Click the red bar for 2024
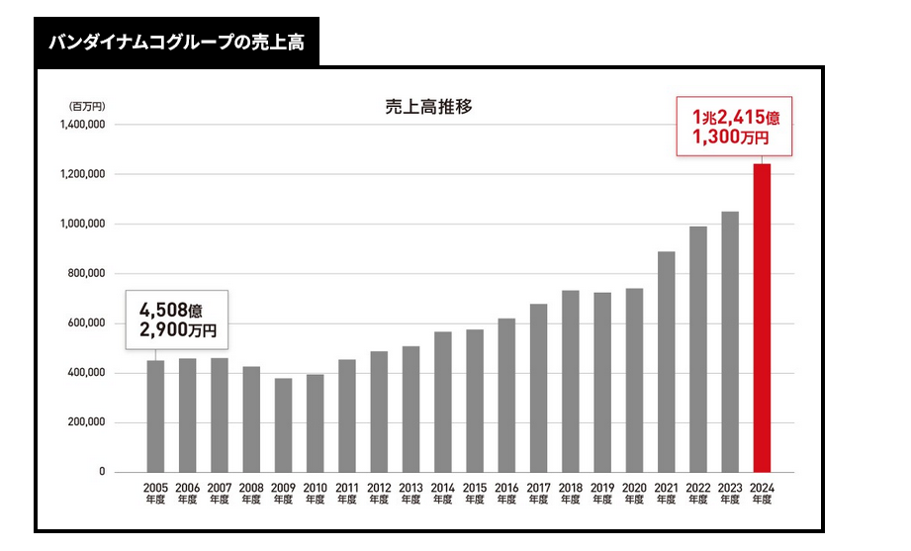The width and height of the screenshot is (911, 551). (x=762, y=318)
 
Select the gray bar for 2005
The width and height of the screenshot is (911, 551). (x=156, y=415)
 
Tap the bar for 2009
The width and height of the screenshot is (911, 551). (x=283, y=424)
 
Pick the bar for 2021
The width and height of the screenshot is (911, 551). (x=666, y=361)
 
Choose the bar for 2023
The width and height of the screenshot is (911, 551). (x=730, y=341)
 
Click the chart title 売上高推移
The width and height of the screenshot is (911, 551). (x=428, y=107)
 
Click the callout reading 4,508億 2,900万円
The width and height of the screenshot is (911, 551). (x=177, y=319)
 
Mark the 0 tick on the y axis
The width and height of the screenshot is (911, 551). (x=102, y=473)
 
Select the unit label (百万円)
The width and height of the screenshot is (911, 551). (x=86, y=105)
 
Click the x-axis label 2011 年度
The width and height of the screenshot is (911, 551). (x=347, y=493)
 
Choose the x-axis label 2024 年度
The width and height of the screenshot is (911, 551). (x=762, y=493)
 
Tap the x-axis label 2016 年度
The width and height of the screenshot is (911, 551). (x=506, y=493)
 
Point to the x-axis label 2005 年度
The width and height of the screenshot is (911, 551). (x=156, y=493)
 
